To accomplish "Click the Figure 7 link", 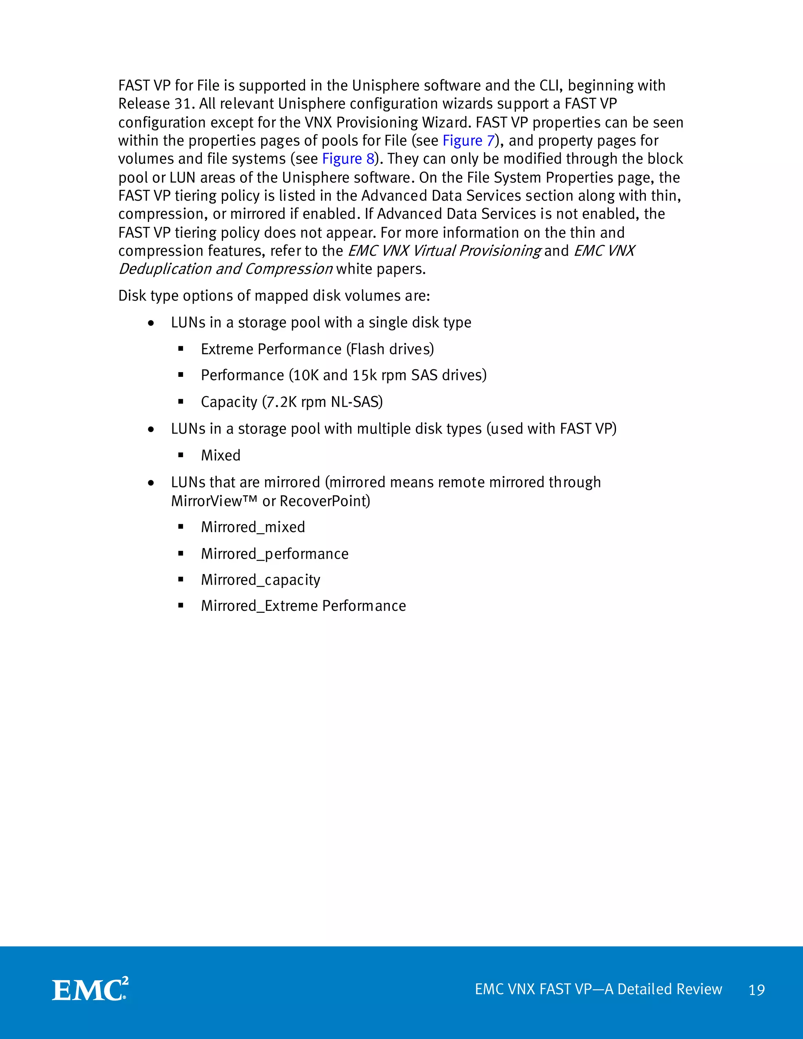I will [469, 141].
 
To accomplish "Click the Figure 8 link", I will [348, 159].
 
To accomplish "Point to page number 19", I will [756, 990].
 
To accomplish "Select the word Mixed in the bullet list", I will [221, 455].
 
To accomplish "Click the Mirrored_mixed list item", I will [253, 527].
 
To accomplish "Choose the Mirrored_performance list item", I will [274, 554].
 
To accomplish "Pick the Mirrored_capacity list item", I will [261, 580].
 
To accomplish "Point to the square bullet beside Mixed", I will [181, 455].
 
